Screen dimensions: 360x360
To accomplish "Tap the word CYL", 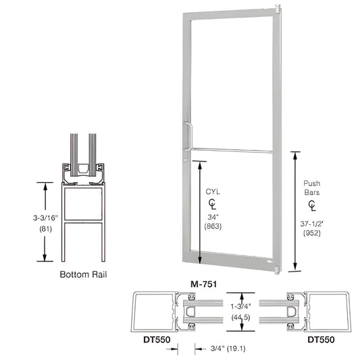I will click(x=213, y=192).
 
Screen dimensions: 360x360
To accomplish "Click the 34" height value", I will click(x=213, y=216).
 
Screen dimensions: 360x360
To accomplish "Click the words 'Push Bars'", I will click(x=311, y=188).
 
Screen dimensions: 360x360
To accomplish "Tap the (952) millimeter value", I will click(x=311, y=232).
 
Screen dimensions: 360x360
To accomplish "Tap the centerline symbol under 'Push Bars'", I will click(x=311, y=205).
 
